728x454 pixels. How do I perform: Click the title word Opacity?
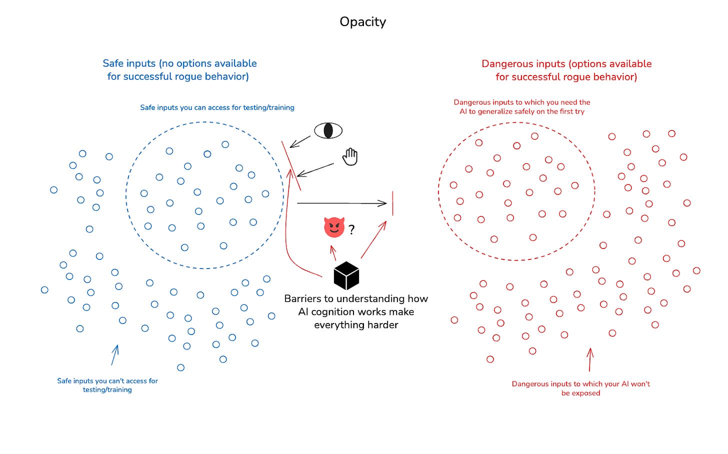(x=362, y=21)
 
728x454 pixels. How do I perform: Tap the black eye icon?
(x=328, y=130)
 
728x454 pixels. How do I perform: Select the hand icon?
(x=350, y=156)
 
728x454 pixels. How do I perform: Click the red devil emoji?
(x=334, y=227)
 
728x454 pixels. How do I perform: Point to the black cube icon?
(x=346, y=275)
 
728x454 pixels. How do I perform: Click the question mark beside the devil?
(x=351, y=229)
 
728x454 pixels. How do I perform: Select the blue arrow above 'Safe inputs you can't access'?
(x=115, y=354)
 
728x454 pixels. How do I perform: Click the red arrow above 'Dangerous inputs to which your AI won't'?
(x=590, y=359)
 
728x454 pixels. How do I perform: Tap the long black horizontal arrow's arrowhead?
(x=382, y=203)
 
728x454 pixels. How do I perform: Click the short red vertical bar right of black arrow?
(x=392, y=203)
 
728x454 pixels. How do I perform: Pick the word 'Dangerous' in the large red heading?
(x=505, y=64)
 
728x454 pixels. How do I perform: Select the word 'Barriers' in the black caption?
(x=302, y=298)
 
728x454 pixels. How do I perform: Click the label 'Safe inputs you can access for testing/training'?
(x=217, y=107)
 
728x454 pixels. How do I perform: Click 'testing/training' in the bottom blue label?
(x=107, y=389)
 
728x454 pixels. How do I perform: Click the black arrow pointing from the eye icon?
(x=300, y=141)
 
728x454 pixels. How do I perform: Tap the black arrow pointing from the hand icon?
(x=315, y=169)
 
